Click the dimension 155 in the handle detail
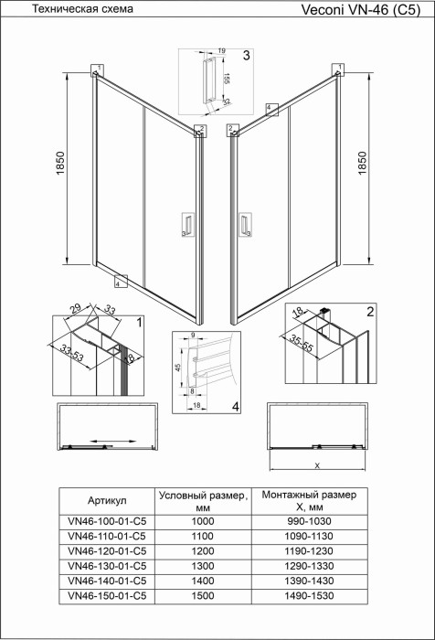click(225, 80)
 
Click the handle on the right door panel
click(245, 226)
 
